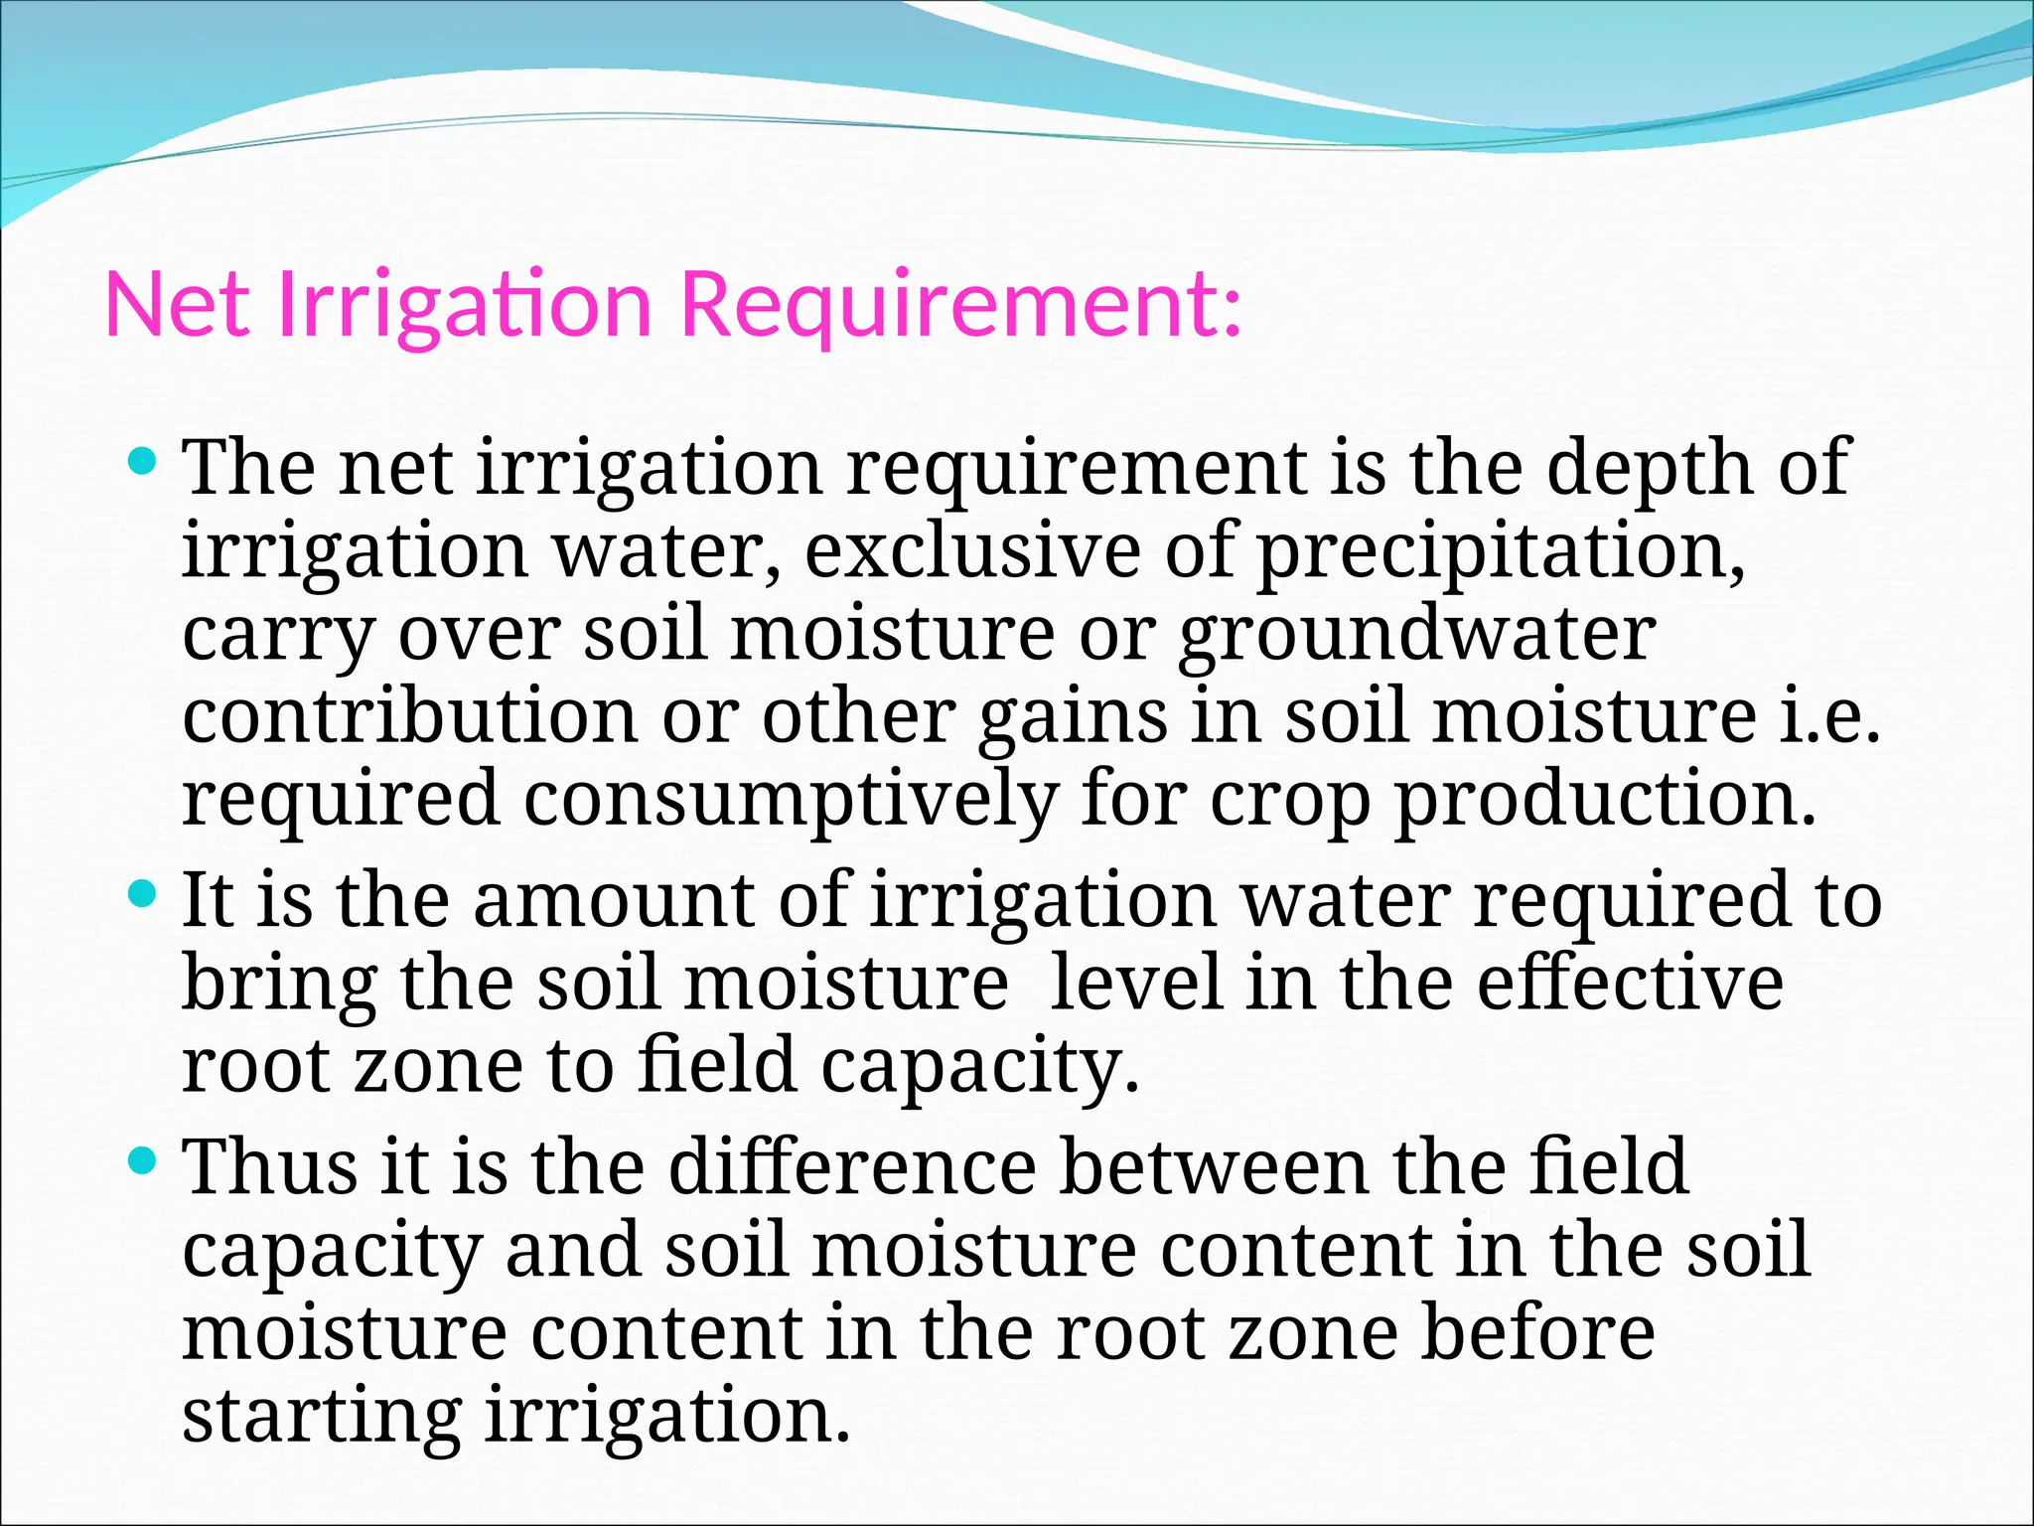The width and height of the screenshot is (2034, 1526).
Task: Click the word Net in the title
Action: [177, 304]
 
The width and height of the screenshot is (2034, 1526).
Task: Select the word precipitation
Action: [1500, 552]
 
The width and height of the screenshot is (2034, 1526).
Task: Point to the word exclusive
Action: [972, 550]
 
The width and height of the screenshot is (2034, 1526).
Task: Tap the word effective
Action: [1630, 984]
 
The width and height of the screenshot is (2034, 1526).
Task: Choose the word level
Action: [1134, 984]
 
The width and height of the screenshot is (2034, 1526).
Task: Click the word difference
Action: [852, 1166]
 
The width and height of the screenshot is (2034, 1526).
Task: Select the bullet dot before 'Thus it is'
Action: [144, 1159]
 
